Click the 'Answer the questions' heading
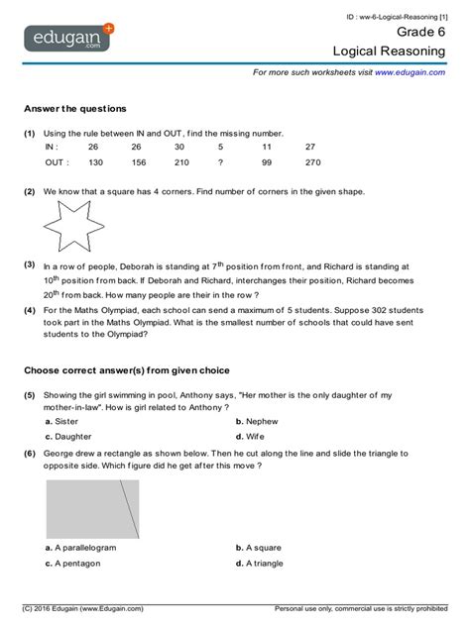(74, 108)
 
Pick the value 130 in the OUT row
(95, 162)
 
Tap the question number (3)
(30, 265)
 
